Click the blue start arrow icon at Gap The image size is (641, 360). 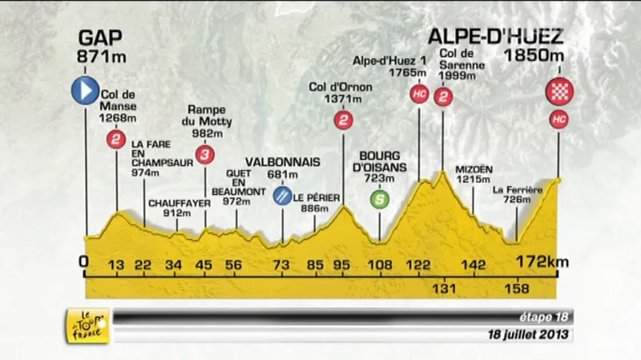84,91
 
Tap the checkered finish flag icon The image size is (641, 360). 558,91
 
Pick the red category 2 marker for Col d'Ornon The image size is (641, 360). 343,121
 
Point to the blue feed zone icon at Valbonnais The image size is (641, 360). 282,194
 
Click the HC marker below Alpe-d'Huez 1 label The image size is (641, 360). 418,95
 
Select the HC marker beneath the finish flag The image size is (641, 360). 558,120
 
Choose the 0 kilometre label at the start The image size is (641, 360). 84,263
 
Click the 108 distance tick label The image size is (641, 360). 379,263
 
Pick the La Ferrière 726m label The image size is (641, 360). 518,194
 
